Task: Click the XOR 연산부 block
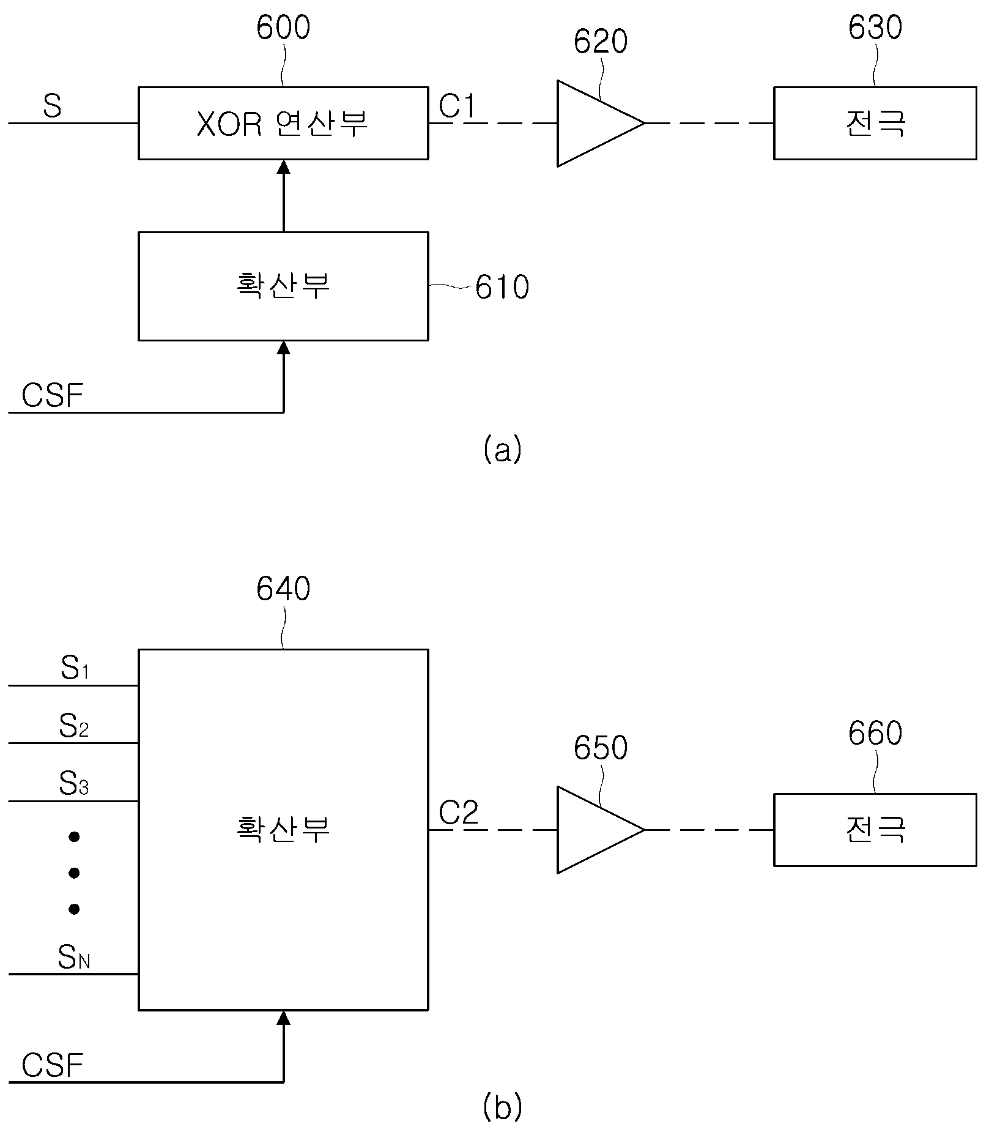click(x=283, y=123)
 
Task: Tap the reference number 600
click(x=283, y=28)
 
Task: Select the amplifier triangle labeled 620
click(x=601, y=123)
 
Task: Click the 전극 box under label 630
click(x=875, y=123)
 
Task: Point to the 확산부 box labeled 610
click(x=283, y=286)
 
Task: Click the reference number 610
click(x=502, y=287)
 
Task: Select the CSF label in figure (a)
click(x=52, y=395)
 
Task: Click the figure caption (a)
click(x=502, y=449)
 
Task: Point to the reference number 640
click(x=283, y=589)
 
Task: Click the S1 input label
click(x=75, y=669)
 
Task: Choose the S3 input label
click(x=74, y=783)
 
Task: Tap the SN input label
click(x=74, y=957)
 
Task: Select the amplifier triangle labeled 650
click(x=601, y=829)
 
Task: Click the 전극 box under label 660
click(x=875, y=830)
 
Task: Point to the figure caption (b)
click(x=502, y=1106)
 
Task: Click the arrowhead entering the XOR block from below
click(x=284, y=166)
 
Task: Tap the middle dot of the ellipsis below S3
click(x=74, y=873)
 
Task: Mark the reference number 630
click(x=875, y=28)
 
